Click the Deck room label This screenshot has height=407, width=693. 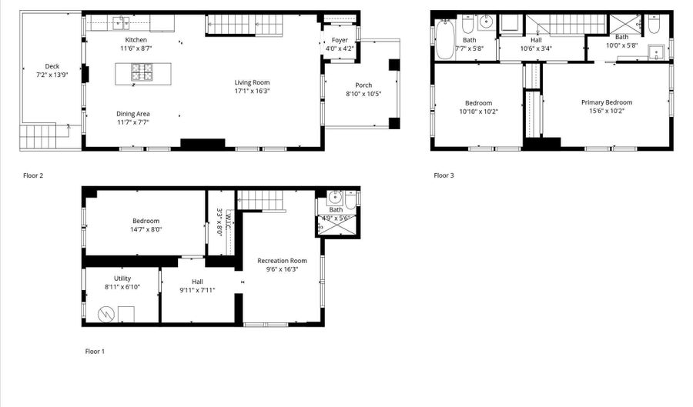[x=52, y=67]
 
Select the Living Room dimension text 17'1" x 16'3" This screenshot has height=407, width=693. [x=253, y=91]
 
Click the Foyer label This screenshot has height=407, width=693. [x=340, y=40]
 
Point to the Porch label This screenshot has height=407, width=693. [x=363, y=85]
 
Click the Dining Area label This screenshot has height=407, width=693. [x=133, y=114]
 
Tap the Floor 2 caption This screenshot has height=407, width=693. [x=32, y=175]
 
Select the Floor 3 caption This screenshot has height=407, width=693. [x=444, y=175]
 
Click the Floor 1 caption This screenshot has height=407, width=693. [x=95, y=351]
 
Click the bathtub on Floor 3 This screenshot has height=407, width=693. [x=446, y=38]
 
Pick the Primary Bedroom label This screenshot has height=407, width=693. [x=607, y=102]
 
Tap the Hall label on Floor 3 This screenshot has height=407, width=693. [x=536, y=40]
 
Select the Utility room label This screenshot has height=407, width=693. [x=122, y=279]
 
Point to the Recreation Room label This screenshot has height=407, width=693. [x=282, y=261]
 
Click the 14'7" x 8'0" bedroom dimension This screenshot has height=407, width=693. [x=146, y=229]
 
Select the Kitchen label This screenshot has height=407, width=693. [x=136, y=40]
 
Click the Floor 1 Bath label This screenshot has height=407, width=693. [x=336, y=209]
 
